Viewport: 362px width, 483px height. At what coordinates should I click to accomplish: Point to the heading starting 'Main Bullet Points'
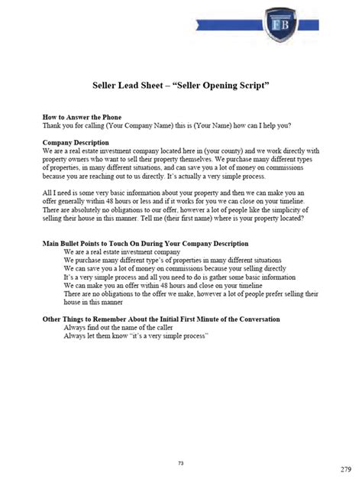(x=145, y=243)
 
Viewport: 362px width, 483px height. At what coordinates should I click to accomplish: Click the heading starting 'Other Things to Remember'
(x=160, y=318)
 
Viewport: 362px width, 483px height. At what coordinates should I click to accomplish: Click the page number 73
(x=182, y=442)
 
